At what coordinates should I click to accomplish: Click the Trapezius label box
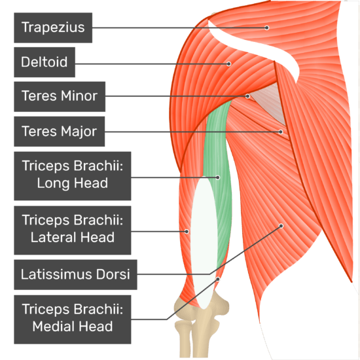coord(53,27)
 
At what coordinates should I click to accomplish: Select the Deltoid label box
coord(45,62)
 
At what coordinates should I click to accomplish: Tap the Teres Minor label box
coord(60,97)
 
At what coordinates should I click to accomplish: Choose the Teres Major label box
coord(59,132)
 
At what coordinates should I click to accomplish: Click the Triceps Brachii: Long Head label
coord(73,176)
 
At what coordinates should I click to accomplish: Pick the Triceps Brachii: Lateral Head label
coord(73,230)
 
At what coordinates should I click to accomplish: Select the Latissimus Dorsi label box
coord(75,275)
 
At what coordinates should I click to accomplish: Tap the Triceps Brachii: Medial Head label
coord(73,319)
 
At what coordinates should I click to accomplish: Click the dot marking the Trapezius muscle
coord(266,27)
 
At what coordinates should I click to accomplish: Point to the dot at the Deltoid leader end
coord(228,64)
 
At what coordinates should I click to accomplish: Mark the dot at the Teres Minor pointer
coord(247,96)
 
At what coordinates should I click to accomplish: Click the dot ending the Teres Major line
coord(281,132)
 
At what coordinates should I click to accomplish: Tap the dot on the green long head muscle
coord(218,177)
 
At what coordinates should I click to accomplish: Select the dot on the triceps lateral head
coord(187,232)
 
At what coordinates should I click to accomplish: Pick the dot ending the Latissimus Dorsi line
coord(281,226)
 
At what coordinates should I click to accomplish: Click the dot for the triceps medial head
coord(218,279)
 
